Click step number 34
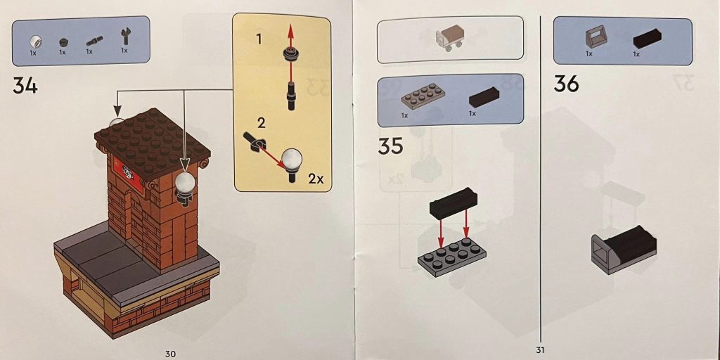coord(25,85)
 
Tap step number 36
coord(566,84)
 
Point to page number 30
coord(170,353)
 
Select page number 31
coord(539,349)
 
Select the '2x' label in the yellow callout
coord(316,179)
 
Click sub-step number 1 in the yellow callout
coord(259,39)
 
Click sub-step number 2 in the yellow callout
coord(262,123)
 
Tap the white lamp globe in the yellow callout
coord(291,159)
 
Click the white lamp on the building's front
coord(185,184)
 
